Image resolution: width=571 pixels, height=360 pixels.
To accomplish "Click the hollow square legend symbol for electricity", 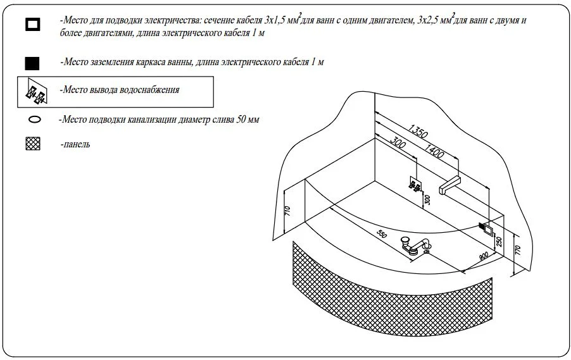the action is (33, 25).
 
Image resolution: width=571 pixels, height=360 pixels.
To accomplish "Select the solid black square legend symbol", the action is (32, 63).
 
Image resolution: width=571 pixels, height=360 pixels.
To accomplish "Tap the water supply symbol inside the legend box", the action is (36, 92).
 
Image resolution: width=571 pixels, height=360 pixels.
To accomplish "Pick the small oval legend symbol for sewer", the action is (35, 119).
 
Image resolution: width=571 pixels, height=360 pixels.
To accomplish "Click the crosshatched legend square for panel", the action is (33, 144).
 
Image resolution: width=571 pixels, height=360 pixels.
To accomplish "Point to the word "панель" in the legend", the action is (77, 144).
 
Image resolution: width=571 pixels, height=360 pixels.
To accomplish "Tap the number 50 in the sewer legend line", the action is (241, 120).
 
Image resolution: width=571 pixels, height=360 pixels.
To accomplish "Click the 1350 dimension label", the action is (418, 131).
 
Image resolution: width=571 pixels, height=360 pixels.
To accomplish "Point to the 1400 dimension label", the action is (434, 151).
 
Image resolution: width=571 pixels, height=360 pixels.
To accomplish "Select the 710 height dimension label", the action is (287, 211).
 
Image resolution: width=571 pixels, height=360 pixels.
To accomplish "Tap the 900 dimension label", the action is (484, 256).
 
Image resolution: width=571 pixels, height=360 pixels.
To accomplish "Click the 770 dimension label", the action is (518, 251).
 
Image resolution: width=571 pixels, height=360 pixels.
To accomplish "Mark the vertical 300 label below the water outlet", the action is (427, 199).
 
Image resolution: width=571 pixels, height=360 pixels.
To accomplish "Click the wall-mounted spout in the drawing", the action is (449, 185).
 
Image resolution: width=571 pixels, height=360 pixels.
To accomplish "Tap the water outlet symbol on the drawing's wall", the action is (415, 185).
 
